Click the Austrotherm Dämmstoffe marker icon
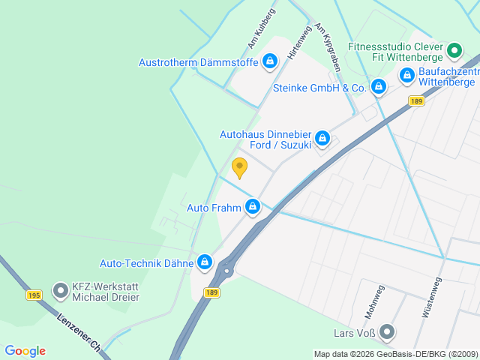(x=271, y=61)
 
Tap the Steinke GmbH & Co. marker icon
(x=379, y=87)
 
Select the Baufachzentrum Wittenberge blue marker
(x=407, y=75)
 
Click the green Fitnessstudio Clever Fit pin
(x=454, y=51)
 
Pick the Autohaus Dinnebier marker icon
(x=322, y=137)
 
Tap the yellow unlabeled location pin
(x=239, y=167)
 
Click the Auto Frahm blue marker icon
(x=253, y=206)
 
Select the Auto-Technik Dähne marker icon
(x=204, y=262)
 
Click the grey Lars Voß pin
(x=386, y=331)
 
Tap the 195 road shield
(x=34, y=295)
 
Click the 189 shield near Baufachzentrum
(x=418, y=101)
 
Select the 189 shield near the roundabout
(x=212, y=292)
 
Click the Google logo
(x=25, y=351)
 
